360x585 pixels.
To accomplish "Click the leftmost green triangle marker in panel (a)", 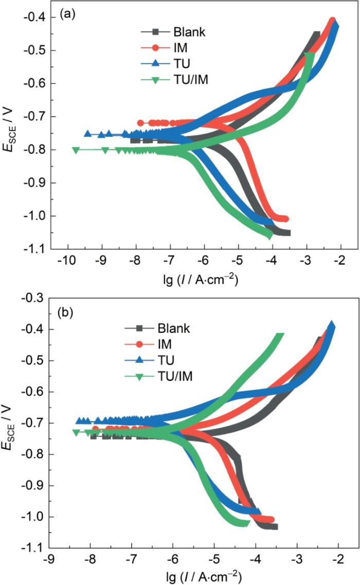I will coord(76,150).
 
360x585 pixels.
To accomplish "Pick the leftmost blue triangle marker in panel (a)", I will coord(87,134).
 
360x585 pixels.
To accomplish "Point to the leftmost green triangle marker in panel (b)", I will coord(76,432).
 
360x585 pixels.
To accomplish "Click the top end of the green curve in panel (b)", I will coord(280,337).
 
